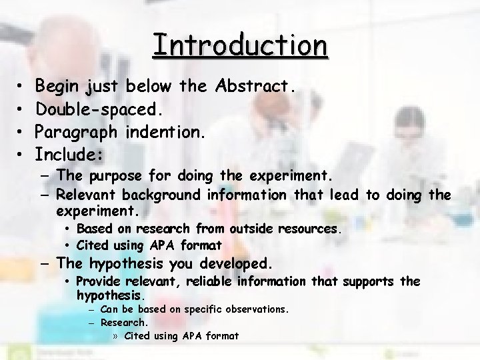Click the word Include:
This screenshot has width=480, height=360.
click(69, 155)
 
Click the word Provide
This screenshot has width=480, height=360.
click(97, 281)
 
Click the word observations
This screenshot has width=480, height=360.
click(254, 309)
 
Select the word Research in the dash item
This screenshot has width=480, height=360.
click(123, 323)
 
